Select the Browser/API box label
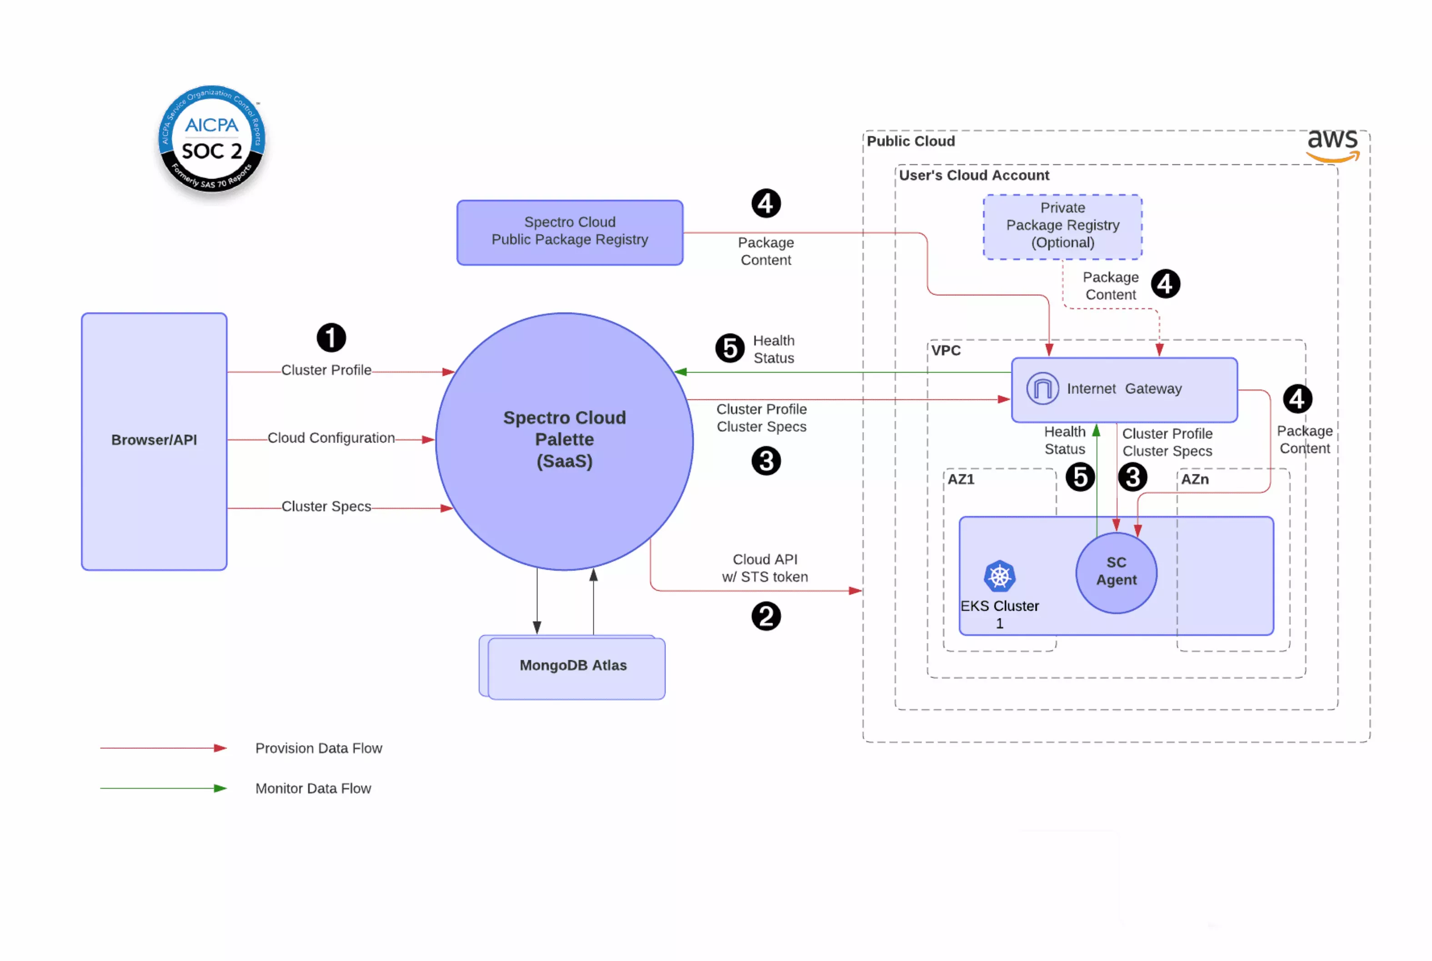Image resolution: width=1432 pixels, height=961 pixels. pos(154,439)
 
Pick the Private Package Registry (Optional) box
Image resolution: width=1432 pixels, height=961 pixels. pos(1062,225)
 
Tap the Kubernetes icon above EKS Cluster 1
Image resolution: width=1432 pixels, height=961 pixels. pos(999,576)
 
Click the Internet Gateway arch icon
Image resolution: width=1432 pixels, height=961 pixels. pos(1041,388)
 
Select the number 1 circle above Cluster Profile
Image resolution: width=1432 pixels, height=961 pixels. pos(331,338)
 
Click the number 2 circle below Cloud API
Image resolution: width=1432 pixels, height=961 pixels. pos(765,616)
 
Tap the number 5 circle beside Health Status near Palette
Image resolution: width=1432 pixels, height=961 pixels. pos(730,348)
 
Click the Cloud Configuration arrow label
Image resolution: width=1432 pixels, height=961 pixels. pos(331,438)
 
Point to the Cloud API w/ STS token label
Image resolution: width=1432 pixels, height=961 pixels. pos(765,568)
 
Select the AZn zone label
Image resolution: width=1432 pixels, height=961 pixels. pos(1194,479)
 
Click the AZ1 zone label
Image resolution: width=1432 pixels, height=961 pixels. pos(960,479)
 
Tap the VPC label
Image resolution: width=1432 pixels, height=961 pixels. pos(945,351)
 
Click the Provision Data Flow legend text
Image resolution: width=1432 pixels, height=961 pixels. pos(318,748)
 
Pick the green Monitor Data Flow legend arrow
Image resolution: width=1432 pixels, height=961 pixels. pos(163,788)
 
